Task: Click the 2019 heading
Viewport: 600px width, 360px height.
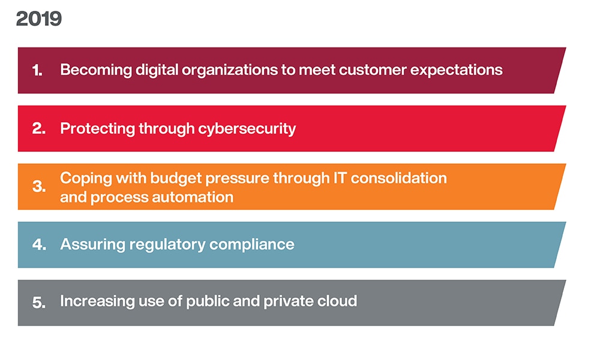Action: tap(38, 19)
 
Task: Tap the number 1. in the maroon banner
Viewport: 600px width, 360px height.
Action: tap(37, 70)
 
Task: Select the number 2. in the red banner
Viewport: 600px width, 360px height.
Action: tap(38, 128)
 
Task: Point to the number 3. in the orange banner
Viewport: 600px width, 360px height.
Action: tap(38, 187)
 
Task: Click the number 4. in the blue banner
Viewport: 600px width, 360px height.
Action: tap(39, 245)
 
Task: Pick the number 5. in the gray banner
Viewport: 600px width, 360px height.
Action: tap(38, 302)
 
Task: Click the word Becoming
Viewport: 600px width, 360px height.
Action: tap(95, 70)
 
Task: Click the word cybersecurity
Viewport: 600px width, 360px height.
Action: tap(247, 129)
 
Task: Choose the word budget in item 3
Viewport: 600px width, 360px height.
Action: tap(176, 179)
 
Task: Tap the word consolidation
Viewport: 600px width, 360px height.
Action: tap(399, 178)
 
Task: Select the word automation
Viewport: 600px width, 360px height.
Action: tap(193, 197)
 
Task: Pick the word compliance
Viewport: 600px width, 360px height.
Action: tap(252, 245)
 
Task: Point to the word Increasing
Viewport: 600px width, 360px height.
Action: tap(97, 301)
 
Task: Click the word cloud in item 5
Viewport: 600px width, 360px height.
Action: tap(337, 301)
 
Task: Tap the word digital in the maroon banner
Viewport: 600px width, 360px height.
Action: tap(157, 70)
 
